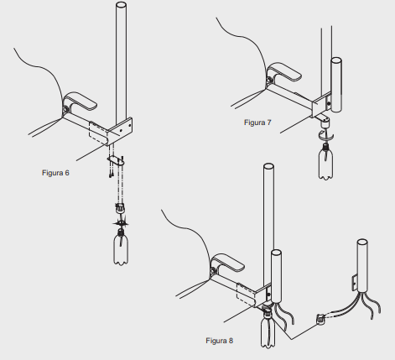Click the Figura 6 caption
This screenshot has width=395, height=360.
[x=55, y=173]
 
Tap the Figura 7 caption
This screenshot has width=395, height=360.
[x=257, y=123]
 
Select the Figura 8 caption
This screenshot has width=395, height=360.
[x=219, y=341]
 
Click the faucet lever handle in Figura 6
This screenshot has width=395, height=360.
[x=81, y=101]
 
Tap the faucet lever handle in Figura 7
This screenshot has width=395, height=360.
[x=285, y=71]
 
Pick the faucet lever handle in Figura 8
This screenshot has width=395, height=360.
[x=228, y=263]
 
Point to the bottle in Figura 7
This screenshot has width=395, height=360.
[x=325, y=162]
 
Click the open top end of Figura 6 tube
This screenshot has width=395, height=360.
[x=121, y=5]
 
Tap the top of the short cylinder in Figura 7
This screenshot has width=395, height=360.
[x=336, y=60]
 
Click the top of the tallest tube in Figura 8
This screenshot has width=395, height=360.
[x=268, y=166]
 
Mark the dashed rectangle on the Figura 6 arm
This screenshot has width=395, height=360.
[x=98, y=133]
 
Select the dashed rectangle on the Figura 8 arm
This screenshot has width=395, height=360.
[x=246, y=295]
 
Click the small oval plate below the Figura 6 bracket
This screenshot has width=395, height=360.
[x=116, y=160]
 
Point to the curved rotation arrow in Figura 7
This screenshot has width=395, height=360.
[x=326, y=136]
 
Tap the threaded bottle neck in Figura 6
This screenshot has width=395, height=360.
[x=121, y=232]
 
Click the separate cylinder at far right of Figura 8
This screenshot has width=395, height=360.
[x=362, y=266]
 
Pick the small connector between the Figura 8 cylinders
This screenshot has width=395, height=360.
[x=320, y=319]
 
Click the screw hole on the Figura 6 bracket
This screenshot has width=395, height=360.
[x=121, y=130]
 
